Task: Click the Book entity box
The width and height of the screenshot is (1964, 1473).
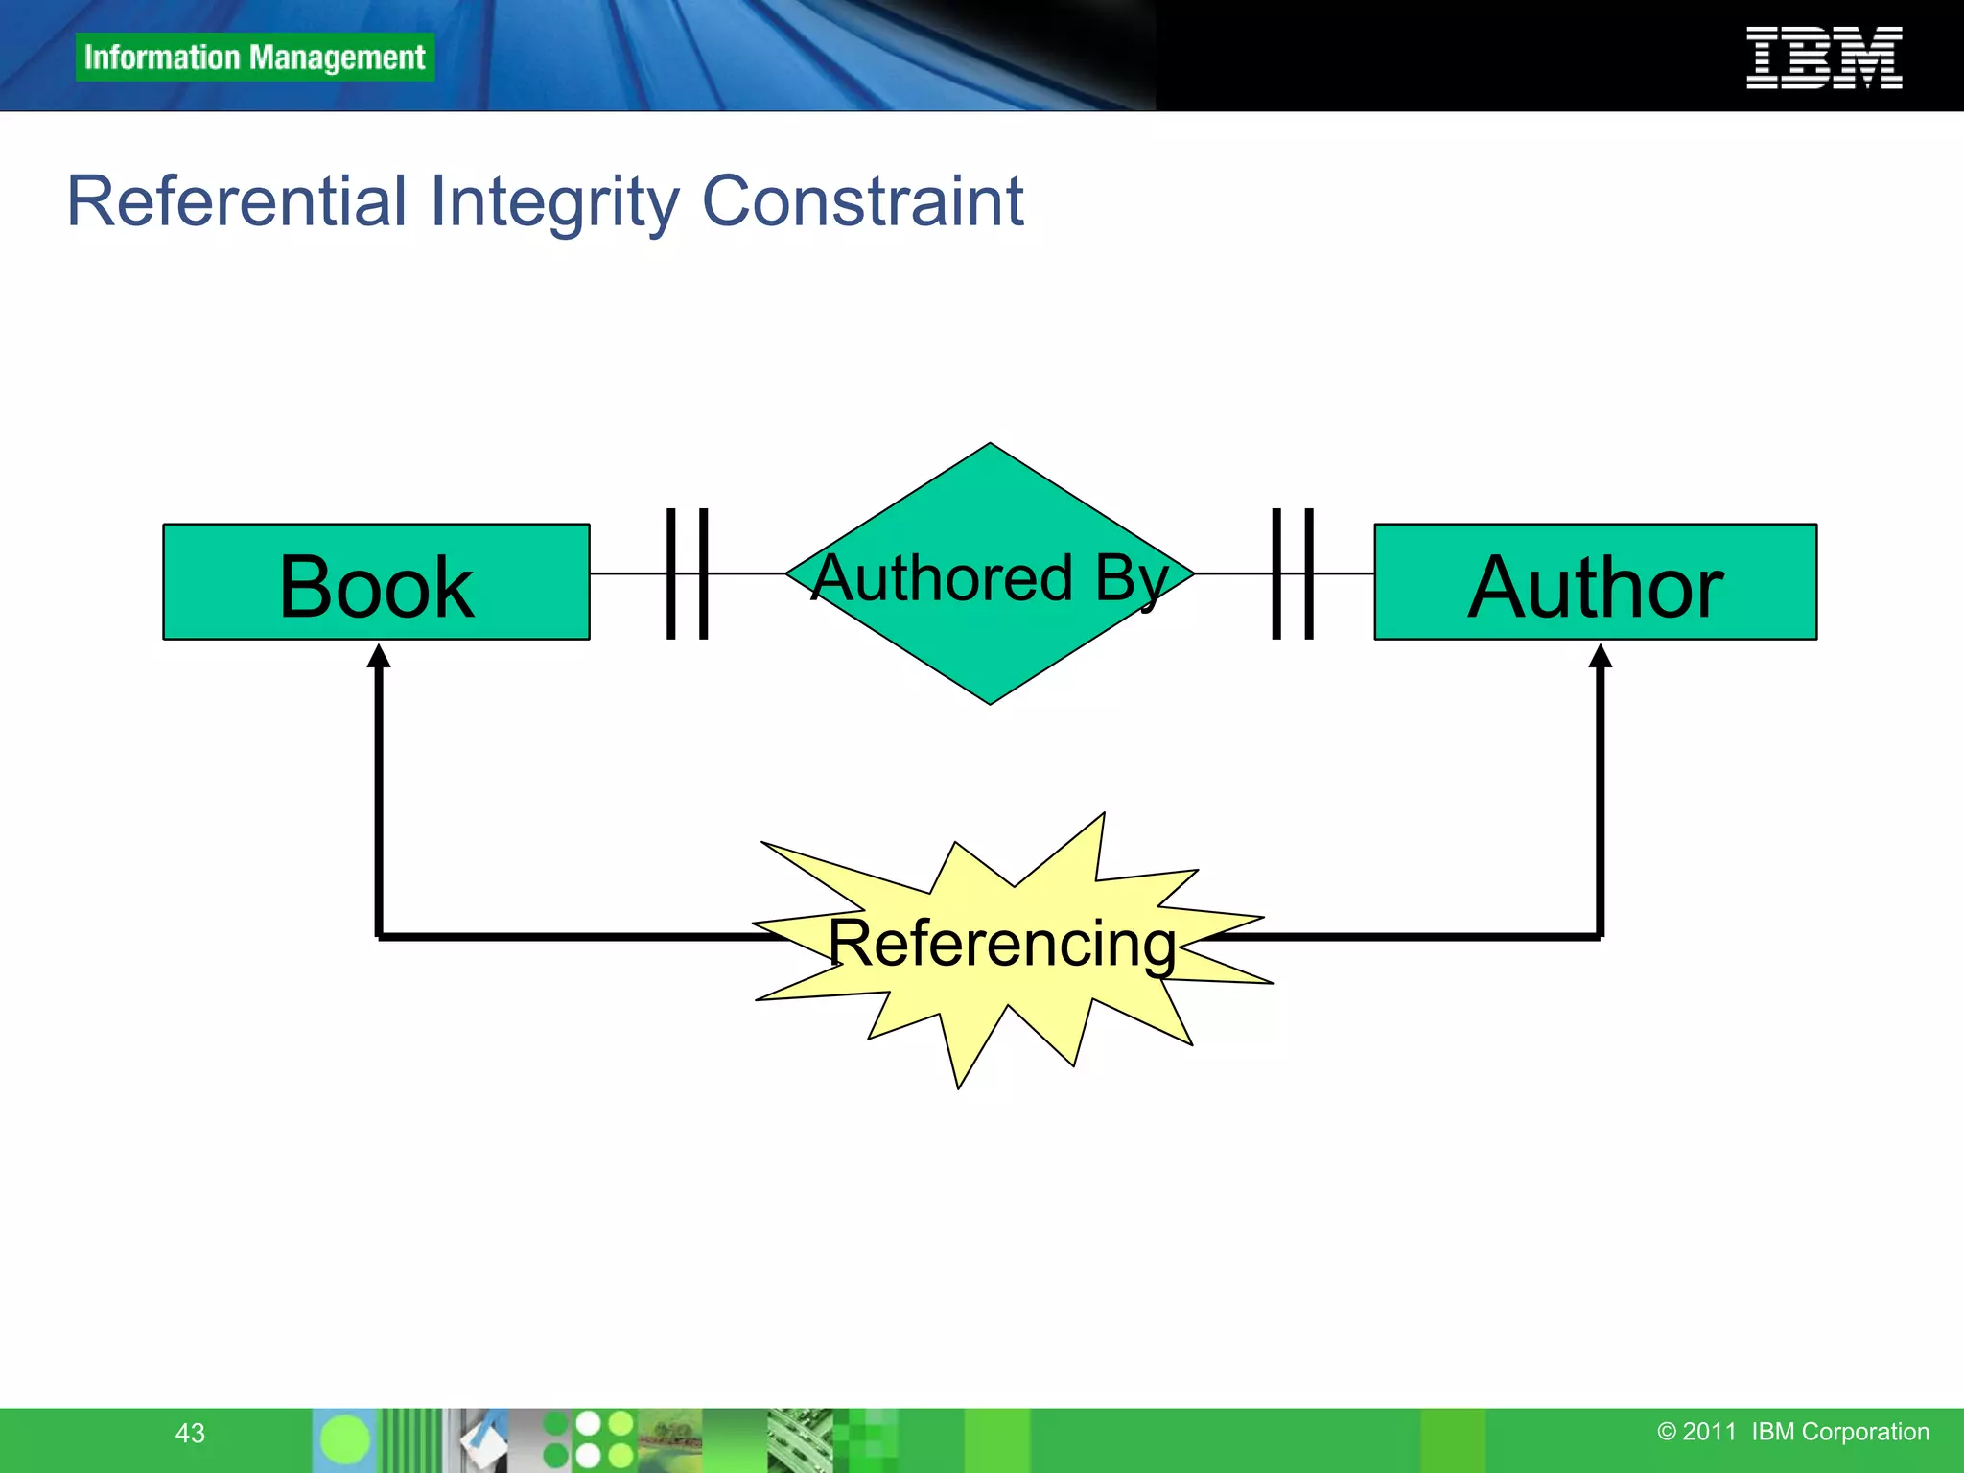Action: point(376,582)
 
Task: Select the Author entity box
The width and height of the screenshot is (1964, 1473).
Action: point(1595,582)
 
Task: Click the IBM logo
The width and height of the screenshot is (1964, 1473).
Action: point(1823,58)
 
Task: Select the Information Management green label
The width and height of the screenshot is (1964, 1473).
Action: point(254,58)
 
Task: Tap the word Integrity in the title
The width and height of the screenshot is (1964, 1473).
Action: point(554,201)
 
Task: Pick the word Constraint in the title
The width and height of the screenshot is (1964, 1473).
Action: point(862,201)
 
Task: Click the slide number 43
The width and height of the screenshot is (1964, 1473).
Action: point(190,1433)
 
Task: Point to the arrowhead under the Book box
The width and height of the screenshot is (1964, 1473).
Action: point(379,657)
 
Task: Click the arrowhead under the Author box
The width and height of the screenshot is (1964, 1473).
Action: point(1600,657)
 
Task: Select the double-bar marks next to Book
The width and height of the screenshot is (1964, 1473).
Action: point(687,573)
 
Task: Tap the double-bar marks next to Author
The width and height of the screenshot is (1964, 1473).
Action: point(1292,573)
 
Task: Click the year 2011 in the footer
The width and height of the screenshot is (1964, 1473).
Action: point(1709,1432)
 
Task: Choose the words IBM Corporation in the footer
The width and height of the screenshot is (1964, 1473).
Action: point(1839,1432)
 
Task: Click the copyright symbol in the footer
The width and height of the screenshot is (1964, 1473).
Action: point(1667,1432)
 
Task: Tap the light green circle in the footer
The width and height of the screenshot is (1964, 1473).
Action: point(344,1439)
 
